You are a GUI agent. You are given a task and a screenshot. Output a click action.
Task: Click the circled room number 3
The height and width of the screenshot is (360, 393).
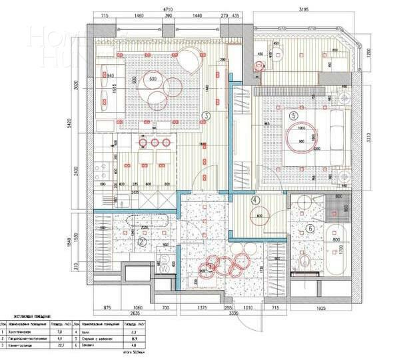pos(207,116)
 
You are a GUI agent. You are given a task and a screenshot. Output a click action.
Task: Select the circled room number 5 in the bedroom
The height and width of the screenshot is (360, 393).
pos(293,115)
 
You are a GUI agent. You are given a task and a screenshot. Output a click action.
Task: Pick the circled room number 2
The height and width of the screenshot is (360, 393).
pos(142,243)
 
